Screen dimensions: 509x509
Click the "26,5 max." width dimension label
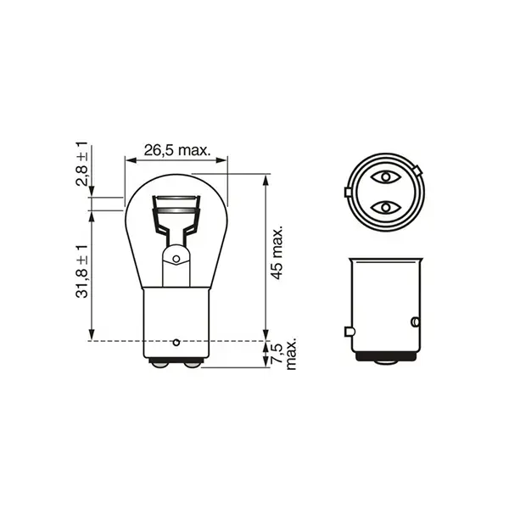pyautogui.click(x=176, y=150)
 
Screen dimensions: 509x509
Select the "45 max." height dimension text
pyautogui.click(x=276, y=253)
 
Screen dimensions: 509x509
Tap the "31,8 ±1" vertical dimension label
pyautogui.click(x=81, y=271)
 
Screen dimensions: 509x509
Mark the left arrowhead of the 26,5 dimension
pyautogui.click(x=128, y=159)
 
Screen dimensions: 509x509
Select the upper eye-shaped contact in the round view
pyautogui.click(x=386, y=177)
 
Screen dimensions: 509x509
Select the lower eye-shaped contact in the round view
pyautogui.click(x=386, y=207)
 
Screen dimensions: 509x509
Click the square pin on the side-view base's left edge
pyautogui.click(x=349, y=331)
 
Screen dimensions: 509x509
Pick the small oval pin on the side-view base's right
pyautogui.click(x=415, y=322)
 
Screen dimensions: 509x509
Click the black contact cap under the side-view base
pyautogui.click(x=386, y=360)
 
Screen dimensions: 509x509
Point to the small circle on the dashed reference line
pyautogui.click(x=176, y=342)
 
